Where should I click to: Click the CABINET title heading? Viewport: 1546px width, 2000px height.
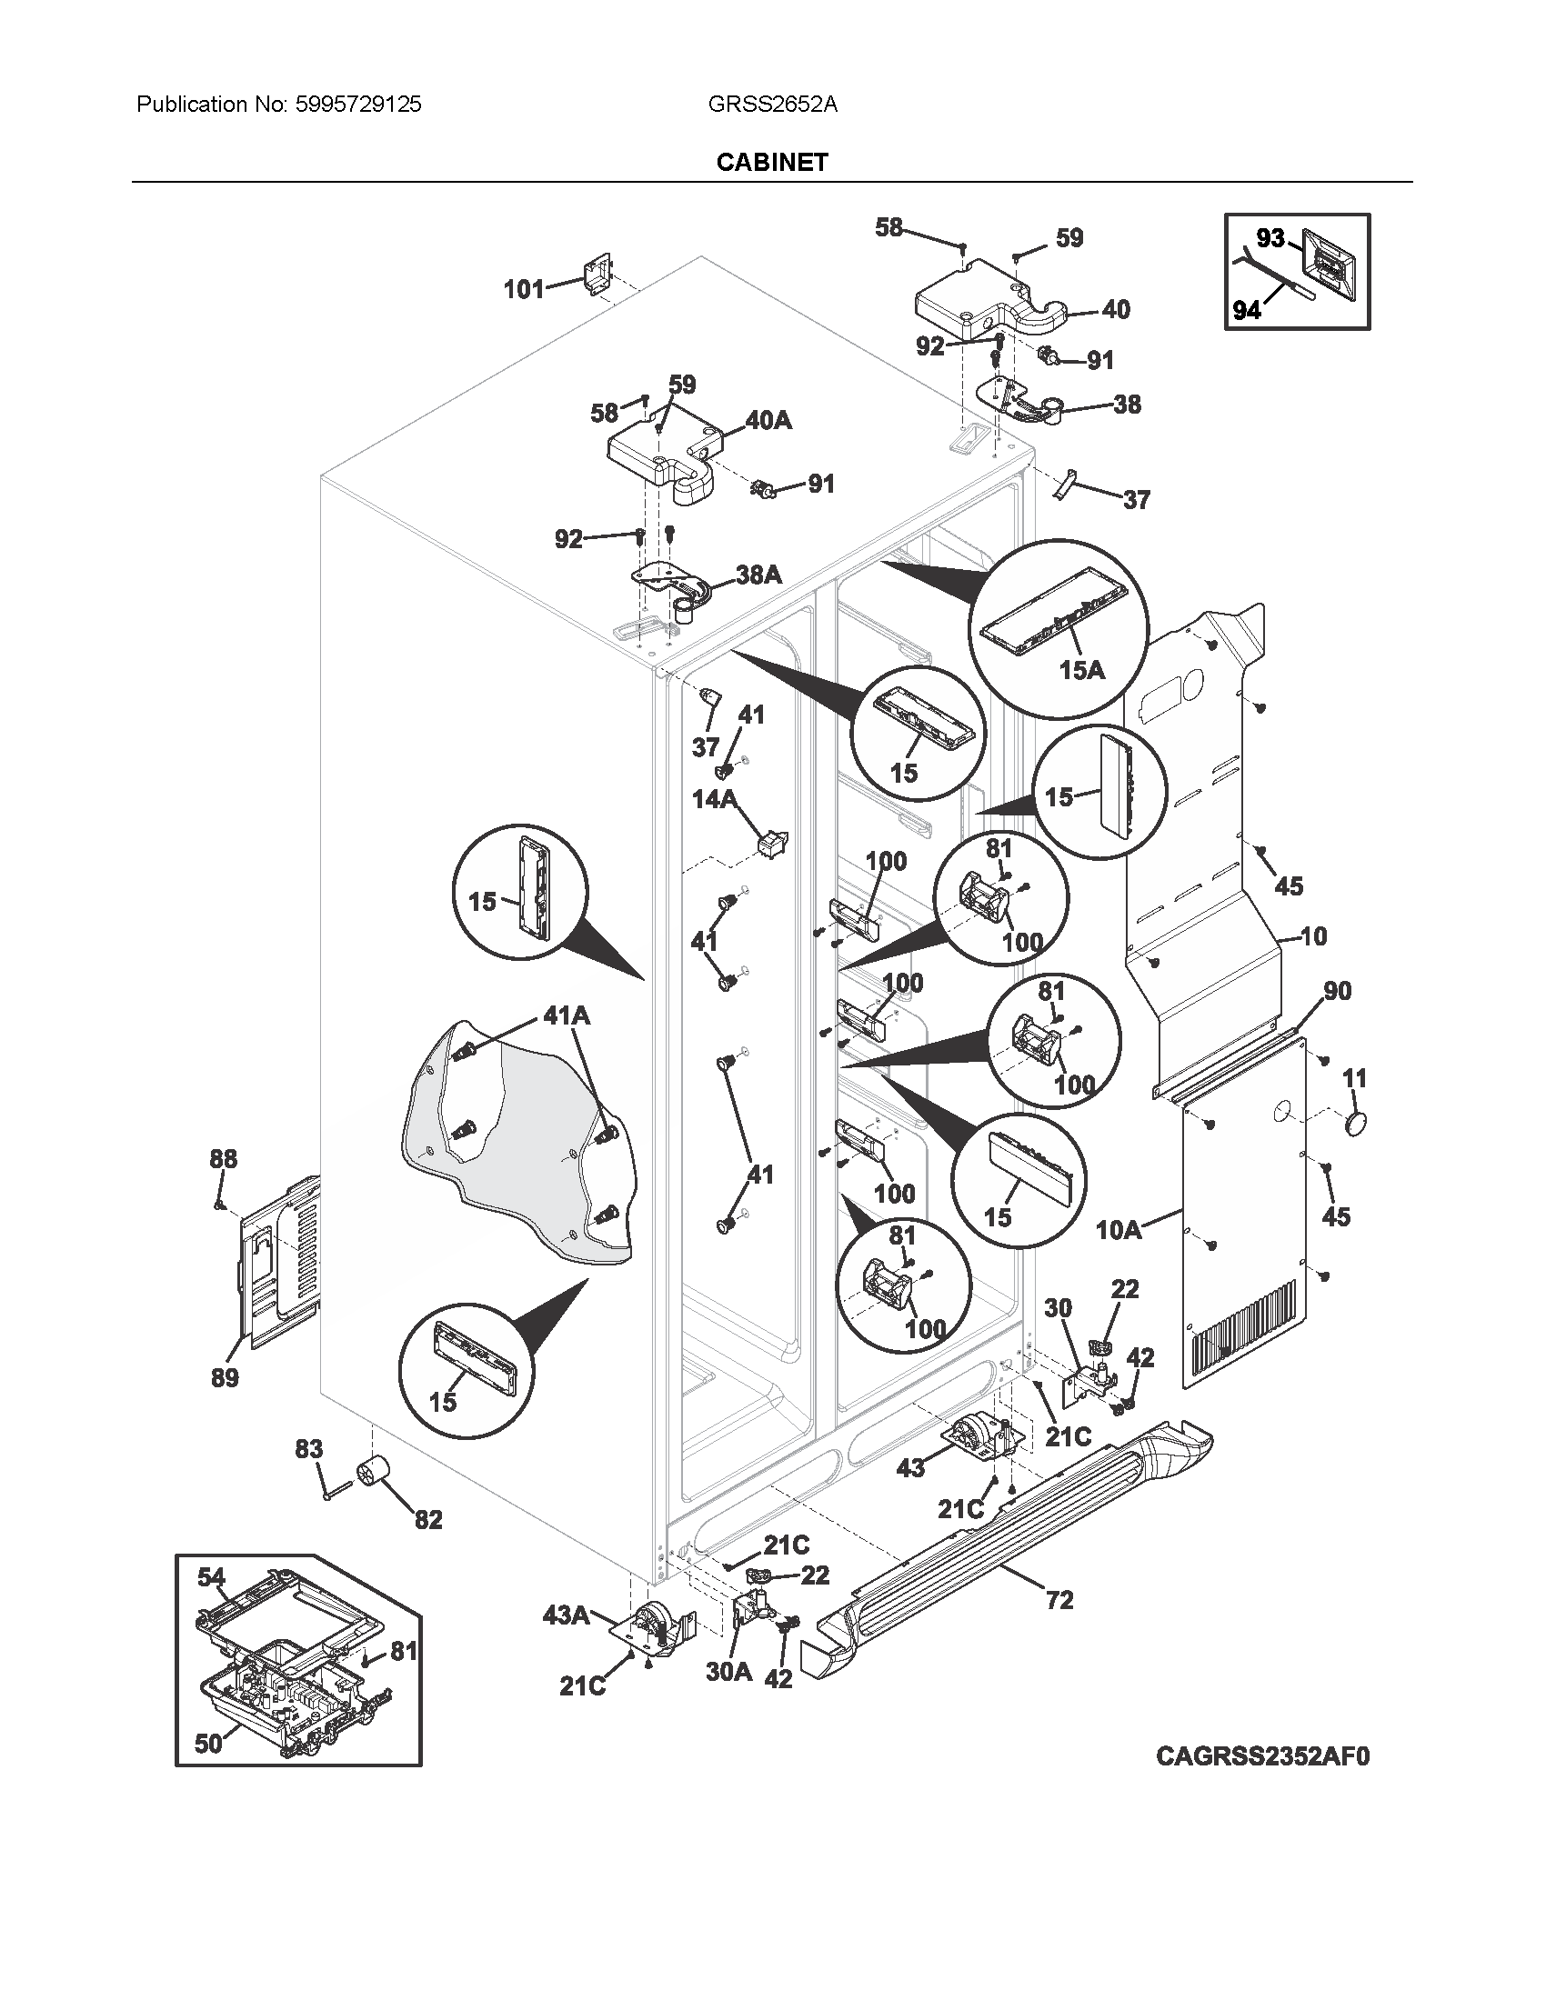(772, 162)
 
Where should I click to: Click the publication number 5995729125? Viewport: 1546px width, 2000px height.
(358, 105)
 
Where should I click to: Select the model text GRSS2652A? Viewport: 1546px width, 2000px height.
(772, 105)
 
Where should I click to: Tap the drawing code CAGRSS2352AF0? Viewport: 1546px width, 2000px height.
(1262, 1755)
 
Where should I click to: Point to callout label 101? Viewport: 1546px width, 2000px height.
(525, 290)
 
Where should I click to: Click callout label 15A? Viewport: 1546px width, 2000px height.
(1081, 670)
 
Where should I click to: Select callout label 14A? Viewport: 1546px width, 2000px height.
(715, 799)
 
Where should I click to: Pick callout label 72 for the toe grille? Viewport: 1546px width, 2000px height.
(1059, 1600)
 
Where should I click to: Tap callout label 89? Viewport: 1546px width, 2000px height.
(225, 1377)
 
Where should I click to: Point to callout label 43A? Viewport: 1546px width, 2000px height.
(566, 1615)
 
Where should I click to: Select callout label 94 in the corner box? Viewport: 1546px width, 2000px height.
(1247, 310)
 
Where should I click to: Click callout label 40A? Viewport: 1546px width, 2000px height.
(768, 420)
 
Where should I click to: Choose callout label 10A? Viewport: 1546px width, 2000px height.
(1119, 1230)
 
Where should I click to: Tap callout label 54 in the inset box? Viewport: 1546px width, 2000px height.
(211, 1576)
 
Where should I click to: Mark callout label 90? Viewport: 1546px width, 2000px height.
(1337, 991)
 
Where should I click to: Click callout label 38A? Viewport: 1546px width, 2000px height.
(759, 575)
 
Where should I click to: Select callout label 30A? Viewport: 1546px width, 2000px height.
(729, 1672)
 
